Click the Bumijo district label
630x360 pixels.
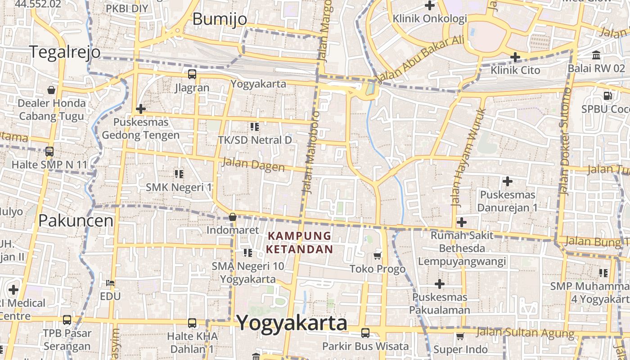[x=220, y=19]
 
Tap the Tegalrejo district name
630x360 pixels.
[x=65, y=52]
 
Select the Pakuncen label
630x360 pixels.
[x=76, y=220]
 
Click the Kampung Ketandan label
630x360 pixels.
[x=299, y=243]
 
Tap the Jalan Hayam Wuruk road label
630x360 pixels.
[x=468, y=157]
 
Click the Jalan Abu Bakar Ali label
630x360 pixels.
[x=420, y=58]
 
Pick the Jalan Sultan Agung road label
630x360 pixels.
[x=525, y=333]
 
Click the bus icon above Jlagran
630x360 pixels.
[x=192, y=74]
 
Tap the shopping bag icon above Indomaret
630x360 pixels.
[x=233, y=217]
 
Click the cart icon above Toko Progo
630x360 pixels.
[x=378, y=256]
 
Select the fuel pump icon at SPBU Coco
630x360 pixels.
[x=607, y=96]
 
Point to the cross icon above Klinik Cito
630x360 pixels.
[x=515, y=57]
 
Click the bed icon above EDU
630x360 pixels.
[x=110, y=283]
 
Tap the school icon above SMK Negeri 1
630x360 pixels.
[x=179, y=174]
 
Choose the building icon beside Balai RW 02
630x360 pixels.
[x=596, y=55]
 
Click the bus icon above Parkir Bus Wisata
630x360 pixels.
[x=365, y=333]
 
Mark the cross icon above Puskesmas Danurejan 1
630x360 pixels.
[x=508, y=182]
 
